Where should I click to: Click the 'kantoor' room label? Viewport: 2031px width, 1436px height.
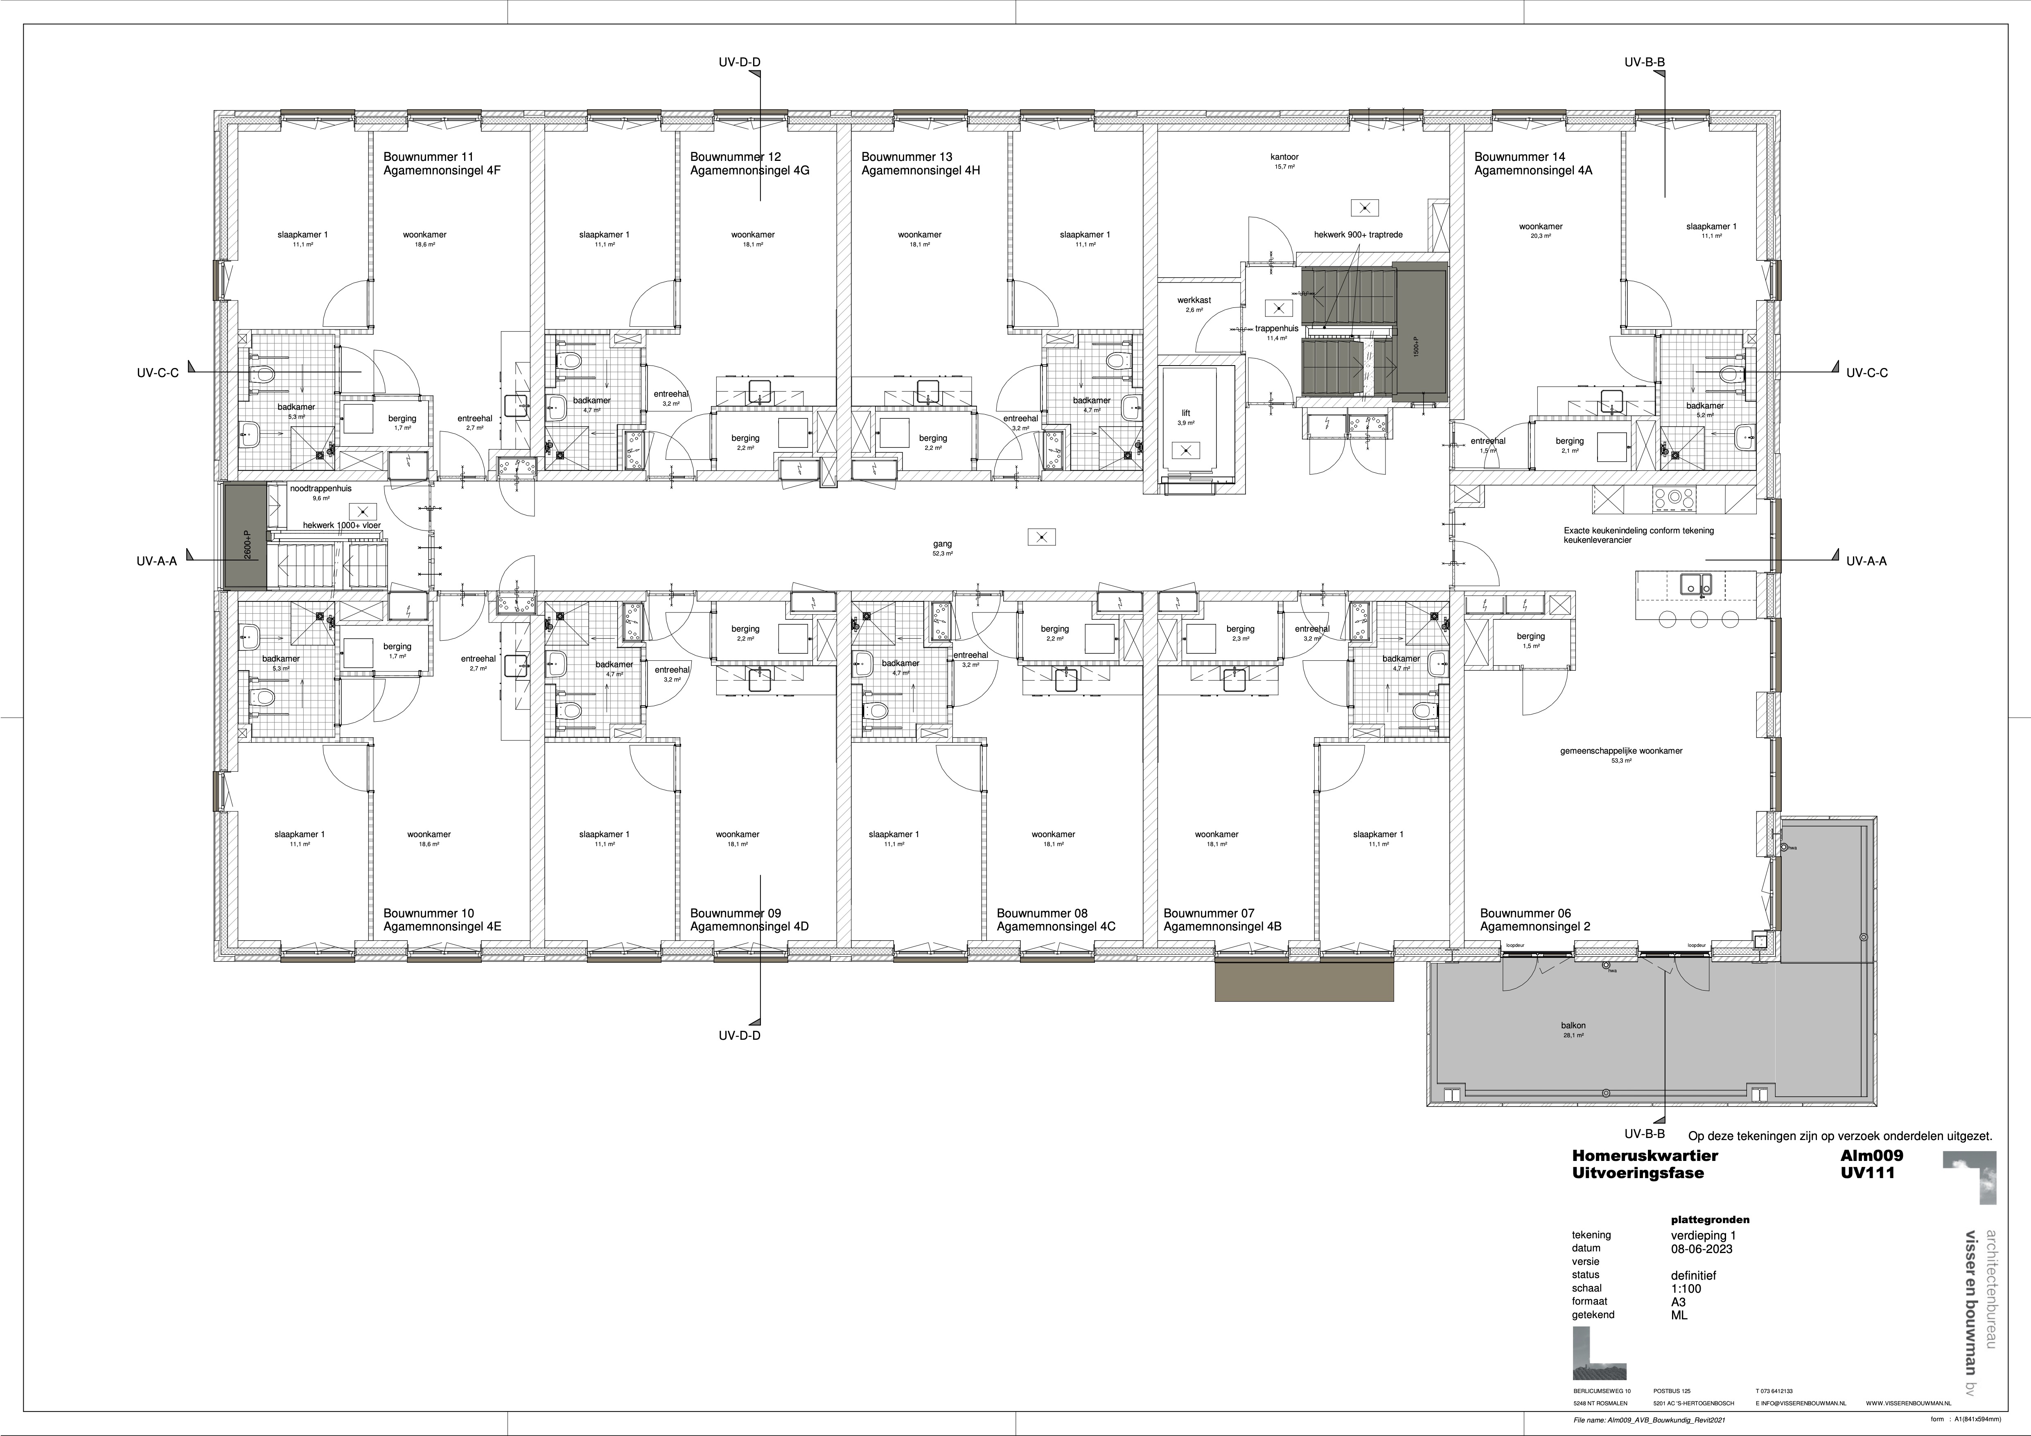1284,157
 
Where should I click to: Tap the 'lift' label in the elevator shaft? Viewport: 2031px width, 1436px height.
1186,413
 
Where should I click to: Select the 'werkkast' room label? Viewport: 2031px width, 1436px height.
1193,300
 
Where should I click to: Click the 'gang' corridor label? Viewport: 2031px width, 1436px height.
942,544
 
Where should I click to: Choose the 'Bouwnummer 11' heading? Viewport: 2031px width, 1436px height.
428,157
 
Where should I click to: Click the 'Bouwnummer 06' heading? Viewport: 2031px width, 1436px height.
1525,913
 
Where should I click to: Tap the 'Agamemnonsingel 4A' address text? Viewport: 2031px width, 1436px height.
1533,171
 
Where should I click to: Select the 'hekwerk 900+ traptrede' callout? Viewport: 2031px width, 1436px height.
1358,235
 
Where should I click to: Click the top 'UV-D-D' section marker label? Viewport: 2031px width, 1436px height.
740,62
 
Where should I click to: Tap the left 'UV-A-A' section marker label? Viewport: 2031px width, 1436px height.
157,560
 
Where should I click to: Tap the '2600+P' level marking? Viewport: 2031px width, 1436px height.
247,547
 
